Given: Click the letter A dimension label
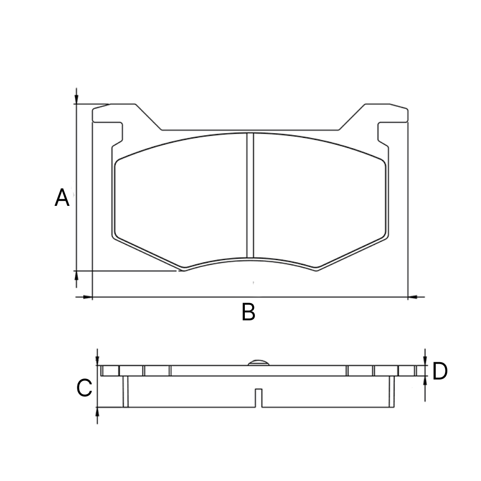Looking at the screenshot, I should tap(62, 198).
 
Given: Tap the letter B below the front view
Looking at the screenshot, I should tap(248, 313).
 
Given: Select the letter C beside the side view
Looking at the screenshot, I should tap(84, 388).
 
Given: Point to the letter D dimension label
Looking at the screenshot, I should tap(440, 371).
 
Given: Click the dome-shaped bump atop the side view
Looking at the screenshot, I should tap(258, 362).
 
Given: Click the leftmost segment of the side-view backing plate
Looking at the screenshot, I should tap(110, 371).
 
